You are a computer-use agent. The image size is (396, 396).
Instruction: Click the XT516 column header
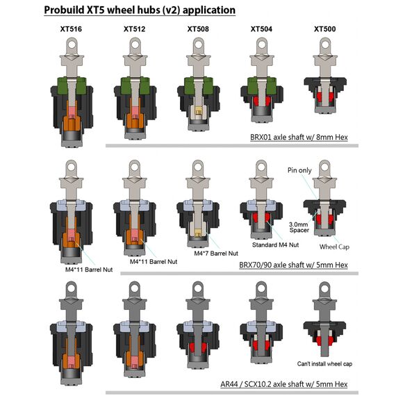[x=71, y=29]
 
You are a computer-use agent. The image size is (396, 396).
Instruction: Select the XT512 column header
[x=134, y=29]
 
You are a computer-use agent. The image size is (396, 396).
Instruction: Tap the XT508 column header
[x=198, y=29]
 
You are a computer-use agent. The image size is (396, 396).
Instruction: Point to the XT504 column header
[x=261, y=29]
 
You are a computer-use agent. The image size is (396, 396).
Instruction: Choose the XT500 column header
[x=324, y=29]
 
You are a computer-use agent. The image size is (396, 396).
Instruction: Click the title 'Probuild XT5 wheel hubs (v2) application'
[x=140, y=10]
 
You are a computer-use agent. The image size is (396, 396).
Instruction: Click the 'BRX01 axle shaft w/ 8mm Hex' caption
[x=299, y=137]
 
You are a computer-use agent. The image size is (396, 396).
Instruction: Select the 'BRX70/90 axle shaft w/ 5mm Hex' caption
[x=293, y=265]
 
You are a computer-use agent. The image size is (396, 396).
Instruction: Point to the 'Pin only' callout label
[x=299, y=170]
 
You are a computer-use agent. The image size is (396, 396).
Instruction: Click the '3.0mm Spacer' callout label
[x=299, y=227]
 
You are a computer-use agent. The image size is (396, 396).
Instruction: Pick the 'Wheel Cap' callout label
[x=334, y=247]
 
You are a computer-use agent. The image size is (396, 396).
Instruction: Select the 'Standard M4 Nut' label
[x=275, y=245]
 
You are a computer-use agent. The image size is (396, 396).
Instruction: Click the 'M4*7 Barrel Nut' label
[x=216, y=253]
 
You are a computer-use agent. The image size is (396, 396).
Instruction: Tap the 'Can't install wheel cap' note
[x=324, y=363]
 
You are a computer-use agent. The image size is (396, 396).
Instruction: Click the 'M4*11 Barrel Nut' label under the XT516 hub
[x=89, y=270]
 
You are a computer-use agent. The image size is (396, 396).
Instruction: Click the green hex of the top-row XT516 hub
[x=72, y=85]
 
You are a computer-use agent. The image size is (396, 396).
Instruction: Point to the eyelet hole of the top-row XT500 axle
[x=325, y=45]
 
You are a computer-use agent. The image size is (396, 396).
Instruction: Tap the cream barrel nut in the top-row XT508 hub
[x=198, y=112]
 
